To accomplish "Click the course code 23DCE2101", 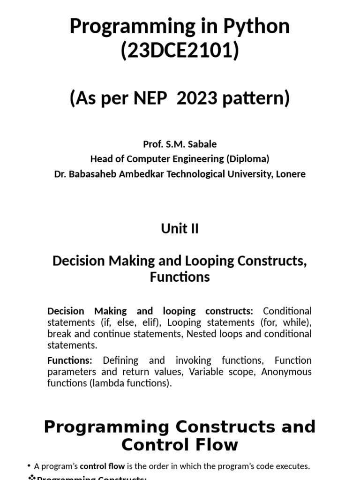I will coord(180,51).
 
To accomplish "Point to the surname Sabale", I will coord(202,143).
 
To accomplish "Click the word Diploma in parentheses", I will coord(248,158).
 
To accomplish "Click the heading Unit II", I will coord(180,229).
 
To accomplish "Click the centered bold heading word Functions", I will coord(180,277).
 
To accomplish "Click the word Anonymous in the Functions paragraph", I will coord(286,372).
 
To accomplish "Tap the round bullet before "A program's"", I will coord(30,465).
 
